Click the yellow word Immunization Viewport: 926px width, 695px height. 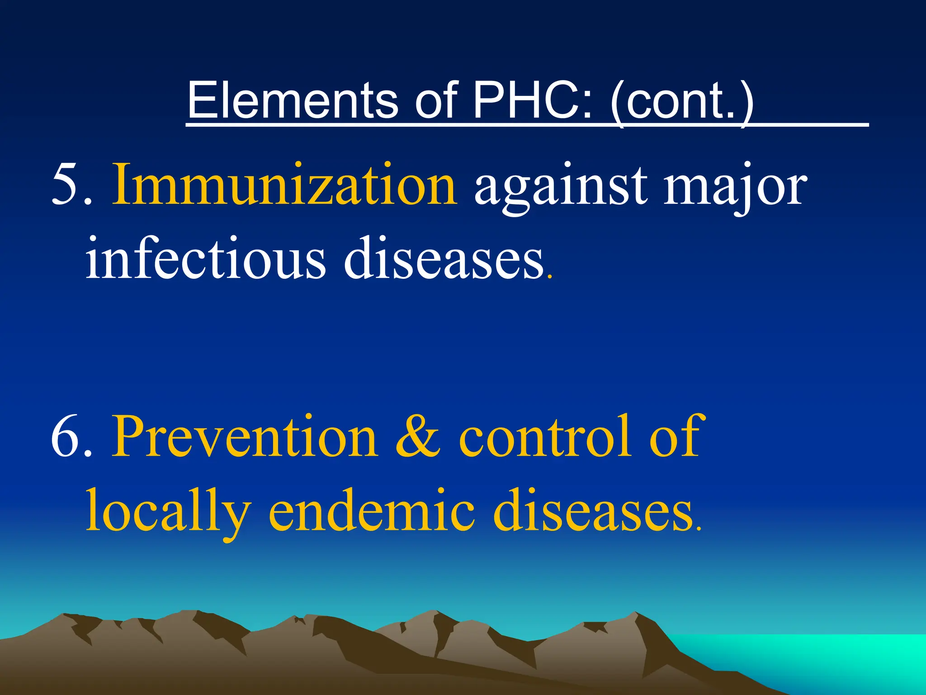[284, 185]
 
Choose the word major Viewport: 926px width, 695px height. [734, 188]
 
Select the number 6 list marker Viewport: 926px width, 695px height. [66, 437]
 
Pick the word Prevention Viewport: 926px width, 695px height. [245, 437]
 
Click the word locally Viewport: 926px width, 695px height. [168, 511]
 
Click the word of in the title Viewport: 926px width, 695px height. [436, 100]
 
